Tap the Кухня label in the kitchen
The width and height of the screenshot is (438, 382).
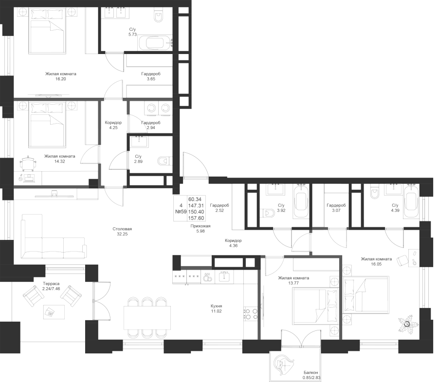click(216, 306)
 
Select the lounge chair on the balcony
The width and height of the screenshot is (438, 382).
click(284, 364)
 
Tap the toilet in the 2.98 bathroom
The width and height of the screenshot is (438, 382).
click(165, 160)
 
